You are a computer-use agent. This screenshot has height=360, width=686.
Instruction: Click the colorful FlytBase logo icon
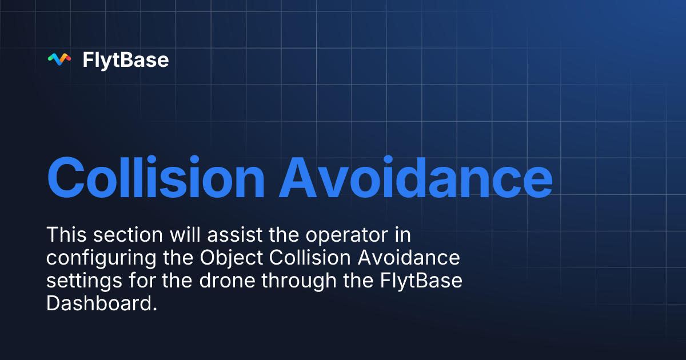pos(59,59)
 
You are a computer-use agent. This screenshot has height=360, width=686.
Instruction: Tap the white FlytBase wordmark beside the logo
pos(126,59)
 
